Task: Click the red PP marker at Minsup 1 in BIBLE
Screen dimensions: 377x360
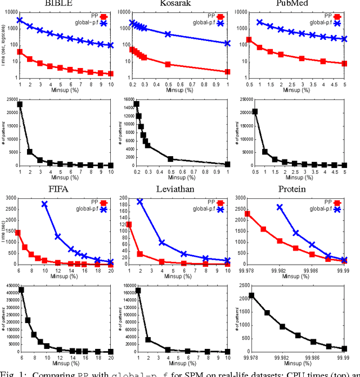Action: (20, 52)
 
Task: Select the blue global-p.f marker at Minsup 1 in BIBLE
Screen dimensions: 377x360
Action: (20, 20)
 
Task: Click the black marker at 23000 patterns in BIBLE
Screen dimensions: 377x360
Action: (20, 104)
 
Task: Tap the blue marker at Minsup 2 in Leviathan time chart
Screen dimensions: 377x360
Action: (139, 201)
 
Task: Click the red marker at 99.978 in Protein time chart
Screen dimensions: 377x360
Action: (247, 214)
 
